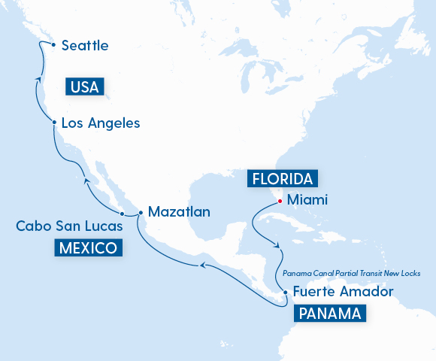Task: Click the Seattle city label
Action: [x=85, y=46]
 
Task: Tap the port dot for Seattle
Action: [x=53, y=44]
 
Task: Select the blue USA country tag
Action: [x=84, y=87]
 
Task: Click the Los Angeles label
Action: [x=100, y=123]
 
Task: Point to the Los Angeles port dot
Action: [x=54, y=121]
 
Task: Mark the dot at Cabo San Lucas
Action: [x=122, y=214]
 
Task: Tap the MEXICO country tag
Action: [x=87, y=248]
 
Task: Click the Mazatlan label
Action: [x=179, y=211]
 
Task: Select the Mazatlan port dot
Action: [x=141, y=214]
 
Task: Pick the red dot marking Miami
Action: [x=280, y=201]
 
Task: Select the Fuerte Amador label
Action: [x=343, y=292]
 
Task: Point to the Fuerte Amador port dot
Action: [x=286, y=292]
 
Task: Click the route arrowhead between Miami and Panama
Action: [x=279, y=245]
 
